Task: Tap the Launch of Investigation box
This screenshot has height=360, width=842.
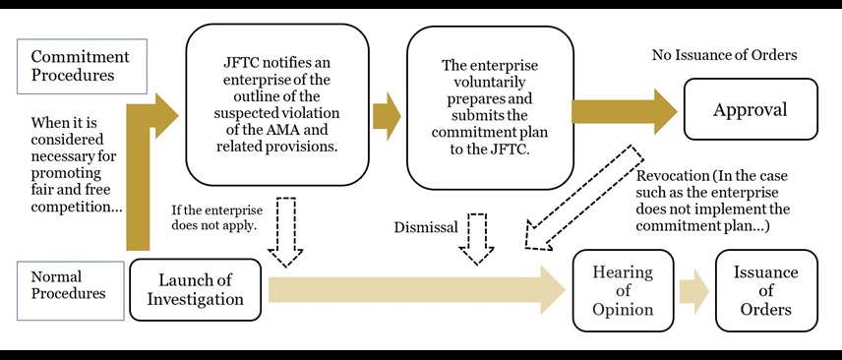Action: click(x=196, y=289)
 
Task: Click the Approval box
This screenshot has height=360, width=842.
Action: click(x=750, y=110)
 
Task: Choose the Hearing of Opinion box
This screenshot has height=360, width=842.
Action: click(x=622, y=289)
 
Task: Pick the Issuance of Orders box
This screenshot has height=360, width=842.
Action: click(x=766, y=289)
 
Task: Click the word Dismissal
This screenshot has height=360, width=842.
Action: click(x=426, y=226)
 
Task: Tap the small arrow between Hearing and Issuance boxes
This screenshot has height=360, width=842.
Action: click(x=695, y=290)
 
